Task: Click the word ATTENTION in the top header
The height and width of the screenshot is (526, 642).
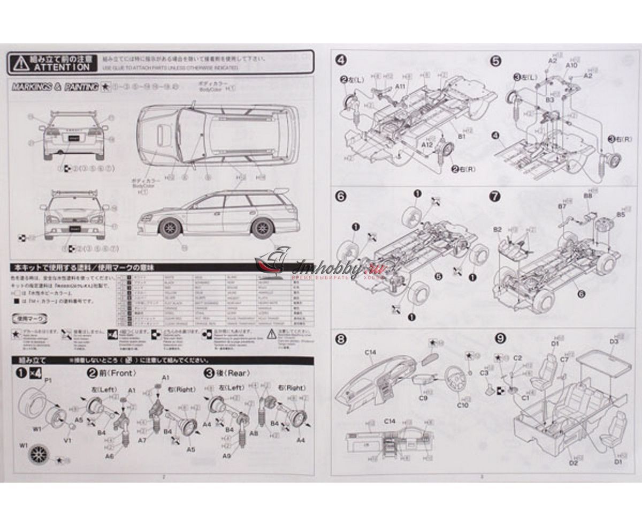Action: pos(62,67)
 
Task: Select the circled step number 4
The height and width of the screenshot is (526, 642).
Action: pos(341,59)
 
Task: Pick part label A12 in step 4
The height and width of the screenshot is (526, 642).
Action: pos(426,145)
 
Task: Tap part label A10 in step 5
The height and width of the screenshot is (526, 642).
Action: pos(571,65)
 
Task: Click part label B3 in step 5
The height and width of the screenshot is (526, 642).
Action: pos(549,99)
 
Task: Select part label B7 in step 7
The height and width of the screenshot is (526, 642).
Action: pos(562,206)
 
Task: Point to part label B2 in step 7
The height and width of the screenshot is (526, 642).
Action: pos(497,229)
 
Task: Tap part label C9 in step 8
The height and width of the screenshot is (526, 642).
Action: pos(423,398)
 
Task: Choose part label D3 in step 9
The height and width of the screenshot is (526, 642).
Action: pos(614,342)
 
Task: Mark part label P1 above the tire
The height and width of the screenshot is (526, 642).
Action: pos(48,380)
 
